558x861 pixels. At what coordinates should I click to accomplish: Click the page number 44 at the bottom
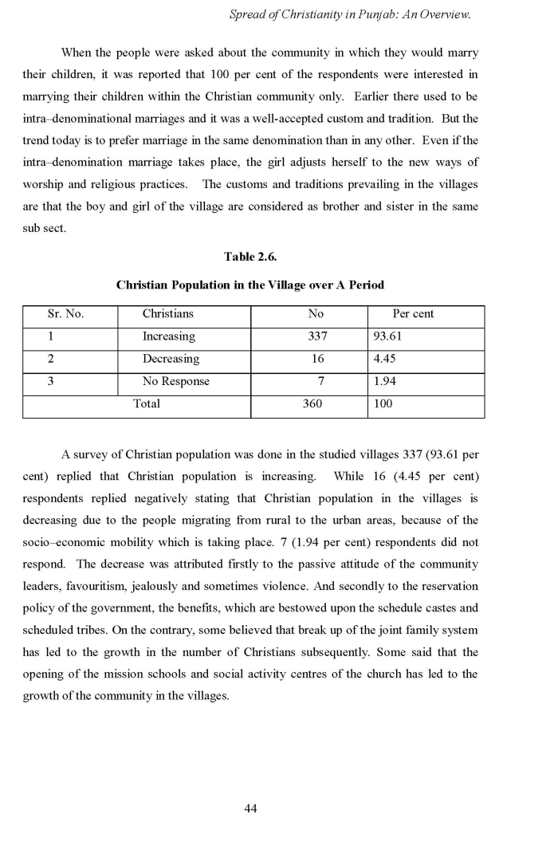(x=250, y=808)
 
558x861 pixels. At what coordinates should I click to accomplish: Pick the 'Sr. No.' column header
(x=65, y=314)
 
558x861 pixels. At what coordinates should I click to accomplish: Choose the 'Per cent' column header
(x=413, y=314)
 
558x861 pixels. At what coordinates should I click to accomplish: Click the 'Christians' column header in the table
(x=167, y=314)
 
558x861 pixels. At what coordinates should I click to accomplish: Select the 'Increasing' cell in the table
(x=168, y=336)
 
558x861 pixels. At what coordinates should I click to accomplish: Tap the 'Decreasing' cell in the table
(x=171, y=359)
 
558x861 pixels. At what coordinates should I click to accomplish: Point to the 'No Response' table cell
(x=175, y=381)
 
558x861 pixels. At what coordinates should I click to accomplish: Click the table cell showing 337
(x=317, y=336)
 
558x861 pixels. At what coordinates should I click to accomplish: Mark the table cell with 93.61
(x=387, y=336)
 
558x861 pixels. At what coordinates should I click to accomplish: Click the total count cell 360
(x=312, y=404)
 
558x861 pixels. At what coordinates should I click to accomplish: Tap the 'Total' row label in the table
(x=147, y=404)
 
